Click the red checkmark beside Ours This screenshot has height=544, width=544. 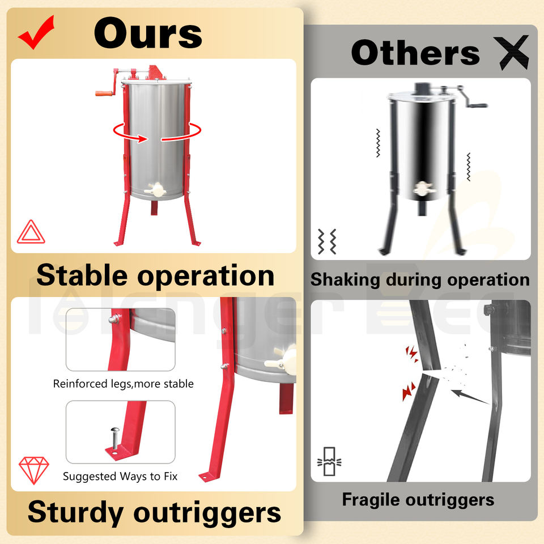click(36, 32)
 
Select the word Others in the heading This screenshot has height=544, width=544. click(415, 53)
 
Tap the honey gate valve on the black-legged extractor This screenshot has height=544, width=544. click(422, 189)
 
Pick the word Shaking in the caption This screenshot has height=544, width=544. click(345, 279)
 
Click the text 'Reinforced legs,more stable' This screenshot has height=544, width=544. click(124, 384)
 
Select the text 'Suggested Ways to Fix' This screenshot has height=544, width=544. click(120, 477)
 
